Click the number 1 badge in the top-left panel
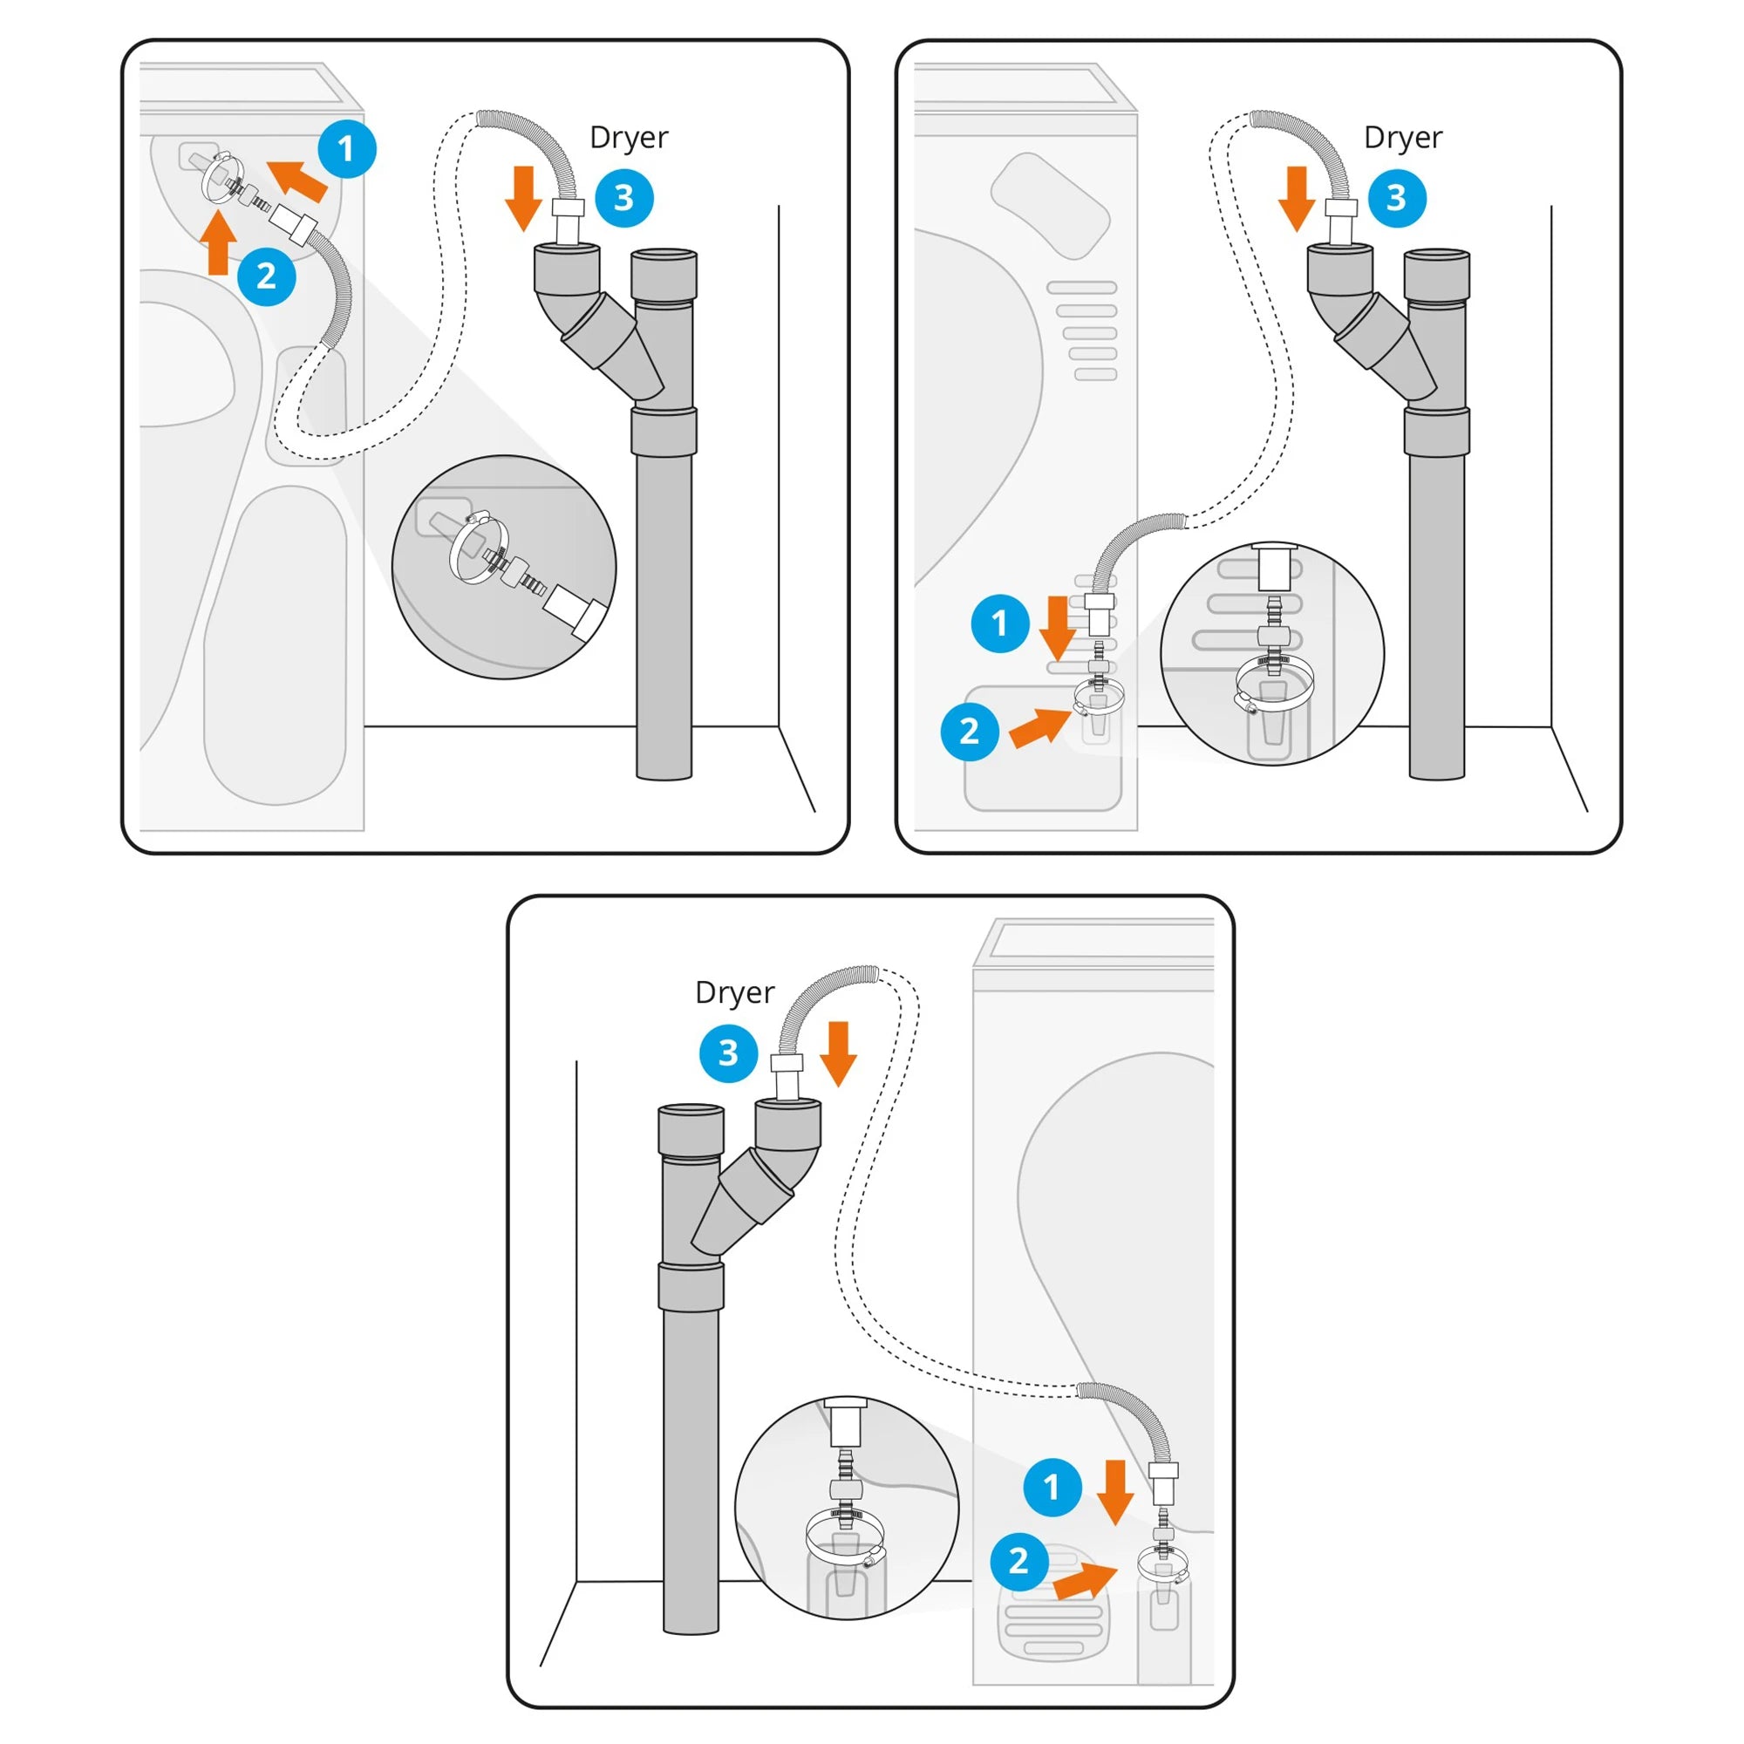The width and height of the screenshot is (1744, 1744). (x=347, y=149)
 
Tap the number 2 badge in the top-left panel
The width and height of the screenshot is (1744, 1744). (x=266, y=276)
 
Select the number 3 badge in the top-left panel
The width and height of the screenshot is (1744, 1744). (x=623, y=198)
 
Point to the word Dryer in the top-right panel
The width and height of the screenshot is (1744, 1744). (x=1403, y=137)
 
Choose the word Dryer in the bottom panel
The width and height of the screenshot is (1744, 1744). (x=734, y=992)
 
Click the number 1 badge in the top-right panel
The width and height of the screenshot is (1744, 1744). (x=1000, y=623)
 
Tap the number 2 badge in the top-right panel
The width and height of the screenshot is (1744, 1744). (x=970, y=732)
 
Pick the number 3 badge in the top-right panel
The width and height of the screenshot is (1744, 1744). (x=1396, y=198)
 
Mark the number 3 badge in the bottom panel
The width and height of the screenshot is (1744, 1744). (x=728, y=1053)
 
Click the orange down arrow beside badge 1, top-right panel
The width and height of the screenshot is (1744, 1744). (x=1057, y=627)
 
